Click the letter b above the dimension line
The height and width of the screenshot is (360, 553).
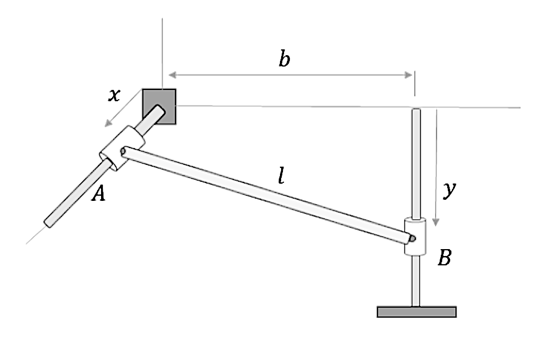click(x=284, y=59)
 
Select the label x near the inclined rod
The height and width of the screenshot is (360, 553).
click(x=115, y=95)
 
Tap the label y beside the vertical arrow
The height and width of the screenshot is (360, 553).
click(x=448, y=191)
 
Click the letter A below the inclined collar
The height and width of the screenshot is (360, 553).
click(x=99, y=194)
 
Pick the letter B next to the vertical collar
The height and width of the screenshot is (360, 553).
click(x=444, y=258)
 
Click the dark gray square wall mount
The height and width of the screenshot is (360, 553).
click(x=159, y=106)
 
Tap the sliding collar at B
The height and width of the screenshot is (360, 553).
click(x=415, y=236)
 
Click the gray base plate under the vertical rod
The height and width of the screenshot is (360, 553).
click(x=416, y=312)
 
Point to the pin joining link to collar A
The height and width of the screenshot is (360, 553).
click(x=123, y=152)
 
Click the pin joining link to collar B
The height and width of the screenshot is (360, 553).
click(x=411, y=237)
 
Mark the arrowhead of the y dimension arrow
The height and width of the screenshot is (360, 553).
click(x=437, y=223)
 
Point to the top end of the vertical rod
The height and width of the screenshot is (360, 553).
click(x=415, y=111)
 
